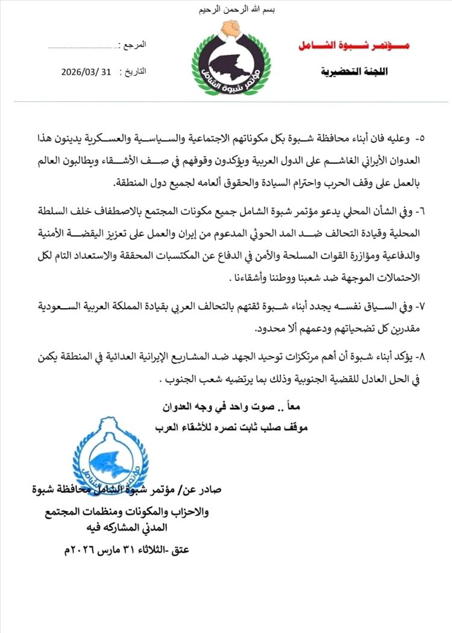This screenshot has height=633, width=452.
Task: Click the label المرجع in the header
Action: (x=133, y=46)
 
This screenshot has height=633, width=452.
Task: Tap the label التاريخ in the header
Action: (x=134, y=71)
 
